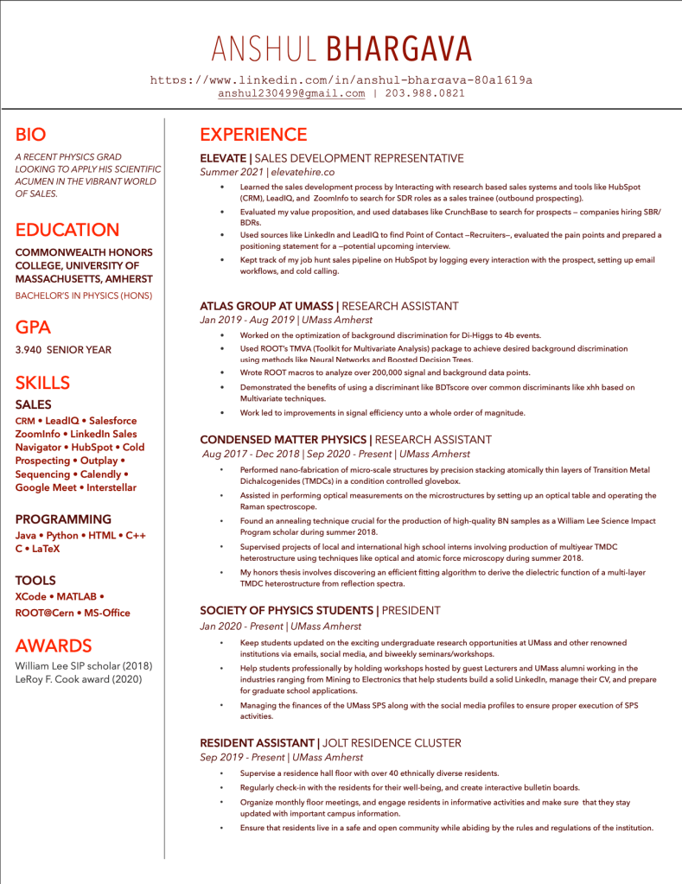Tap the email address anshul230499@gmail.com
click(291, 93)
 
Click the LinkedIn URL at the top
click(341, 80)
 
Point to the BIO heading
click(30, 135)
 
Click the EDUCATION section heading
click(67, 230)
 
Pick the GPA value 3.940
click(30, 350)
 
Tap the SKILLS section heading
click(42, 382)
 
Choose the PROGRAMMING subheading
click(63, 519)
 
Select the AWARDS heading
click(54, 646)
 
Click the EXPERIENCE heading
click(253, 135)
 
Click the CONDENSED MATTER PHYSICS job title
click(284, 440)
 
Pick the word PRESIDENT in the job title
click(411, 611)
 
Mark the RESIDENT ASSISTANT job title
click(258, 743)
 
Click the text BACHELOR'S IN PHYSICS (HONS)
click(84, 296)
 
